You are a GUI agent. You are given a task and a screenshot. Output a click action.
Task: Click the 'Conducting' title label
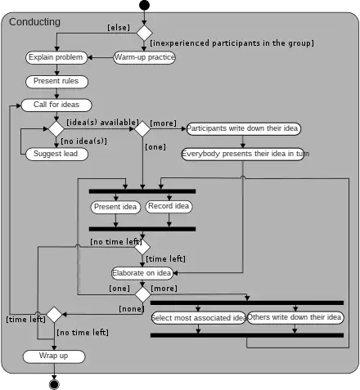[34, 22]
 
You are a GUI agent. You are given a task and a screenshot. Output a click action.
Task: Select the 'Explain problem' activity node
[55, 57]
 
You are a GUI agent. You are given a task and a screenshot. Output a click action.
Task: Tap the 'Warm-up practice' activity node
[144, 57]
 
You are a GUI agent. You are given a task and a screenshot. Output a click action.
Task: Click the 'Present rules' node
[56, 81]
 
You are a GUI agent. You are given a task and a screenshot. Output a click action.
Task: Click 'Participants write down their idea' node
[243, 128]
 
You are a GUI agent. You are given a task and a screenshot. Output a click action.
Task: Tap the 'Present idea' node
[116, 207]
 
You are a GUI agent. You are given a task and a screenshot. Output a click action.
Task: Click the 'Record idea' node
[169, 206]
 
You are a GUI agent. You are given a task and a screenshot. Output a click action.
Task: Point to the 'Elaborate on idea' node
[142, 272]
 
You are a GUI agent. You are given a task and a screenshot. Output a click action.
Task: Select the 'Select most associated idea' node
[199, 317]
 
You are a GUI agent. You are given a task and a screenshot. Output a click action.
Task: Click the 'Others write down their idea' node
[295, 317]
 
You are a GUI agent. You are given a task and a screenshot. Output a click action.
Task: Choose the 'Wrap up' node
[54, 356]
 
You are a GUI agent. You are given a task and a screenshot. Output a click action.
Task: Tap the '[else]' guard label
[119, 27]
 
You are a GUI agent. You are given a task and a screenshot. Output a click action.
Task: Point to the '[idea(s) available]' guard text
[101, 122]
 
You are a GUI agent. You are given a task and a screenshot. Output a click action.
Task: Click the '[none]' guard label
[131, 308]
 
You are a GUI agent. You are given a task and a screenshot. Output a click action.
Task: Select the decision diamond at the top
[144, 33]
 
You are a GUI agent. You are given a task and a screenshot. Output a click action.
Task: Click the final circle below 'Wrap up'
[55, 384]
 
